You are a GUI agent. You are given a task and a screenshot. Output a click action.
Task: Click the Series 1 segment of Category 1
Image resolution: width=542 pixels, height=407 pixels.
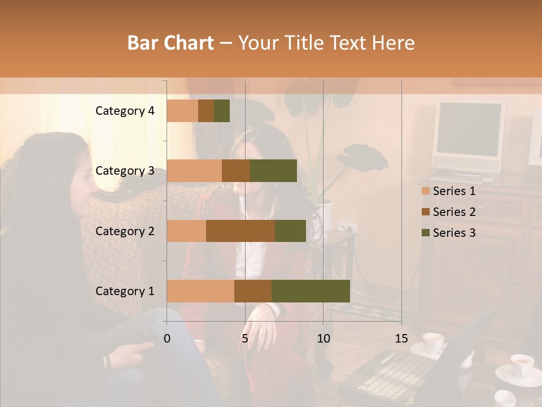tap(200, 291)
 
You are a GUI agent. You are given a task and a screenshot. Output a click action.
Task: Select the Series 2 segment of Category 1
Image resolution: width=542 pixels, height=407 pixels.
tap(253, 291)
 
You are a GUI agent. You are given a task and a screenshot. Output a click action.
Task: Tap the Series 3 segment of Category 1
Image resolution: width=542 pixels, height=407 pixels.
tap(311, 291)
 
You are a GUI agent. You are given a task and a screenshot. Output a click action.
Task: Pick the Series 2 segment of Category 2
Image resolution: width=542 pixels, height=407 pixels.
tap(241, 231)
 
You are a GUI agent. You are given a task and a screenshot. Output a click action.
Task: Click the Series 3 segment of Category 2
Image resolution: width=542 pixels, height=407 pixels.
tap(290, 231)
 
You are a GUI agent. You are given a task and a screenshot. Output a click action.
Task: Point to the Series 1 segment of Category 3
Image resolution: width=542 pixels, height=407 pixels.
tap(194, 171)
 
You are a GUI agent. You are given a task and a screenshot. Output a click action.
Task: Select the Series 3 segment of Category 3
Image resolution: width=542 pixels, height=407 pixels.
tap(273, 171)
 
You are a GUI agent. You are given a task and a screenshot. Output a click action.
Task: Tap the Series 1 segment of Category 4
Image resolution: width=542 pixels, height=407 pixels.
tap(182, 111)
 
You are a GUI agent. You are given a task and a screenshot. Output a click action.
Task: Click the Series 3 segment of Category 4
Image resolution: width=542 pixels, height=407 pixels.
tap(222, 111)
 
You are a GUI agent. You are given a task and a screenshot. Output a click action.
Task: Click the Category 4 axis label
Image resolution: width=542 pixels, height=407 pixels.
tap(125, 111)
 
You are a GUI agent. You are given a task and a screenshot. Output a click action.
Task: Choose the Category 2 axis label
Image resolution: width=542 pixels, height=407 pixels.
tap(125, 231)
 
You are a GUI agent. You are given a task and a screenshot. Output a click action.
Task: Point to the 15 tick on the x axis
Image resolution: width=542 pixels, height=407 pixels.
tap(401, 339)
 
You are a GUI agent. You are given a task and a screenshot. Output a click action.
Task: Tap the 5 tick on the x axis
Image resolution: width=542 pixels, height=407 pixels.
tap(245, 339)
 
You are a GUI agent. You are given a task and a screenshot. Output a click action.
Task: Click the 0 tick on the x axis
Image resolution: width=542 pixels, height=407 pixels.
tap(167, 339)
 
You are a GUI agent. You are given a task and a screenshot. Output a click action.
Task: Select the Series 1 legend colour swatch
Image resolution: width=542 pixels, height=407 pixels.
tap(426, 191)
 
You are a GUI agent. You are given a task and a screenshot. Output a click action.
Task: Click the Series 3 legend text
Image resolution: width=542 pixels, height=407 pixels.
tap(454, 233)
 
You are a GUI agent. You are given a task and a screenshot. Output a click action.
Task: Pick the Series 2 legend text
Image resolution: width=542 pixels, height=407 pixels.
tap(454, 212)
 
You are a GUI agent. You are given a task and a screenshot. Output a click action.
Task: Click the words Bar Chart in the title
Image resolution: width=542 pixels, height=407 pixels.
tap(171, 42)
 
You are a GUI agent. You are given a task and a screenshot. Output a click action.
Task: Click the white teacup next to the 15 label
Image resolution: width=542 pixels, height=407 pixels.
tap(433, 342)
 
